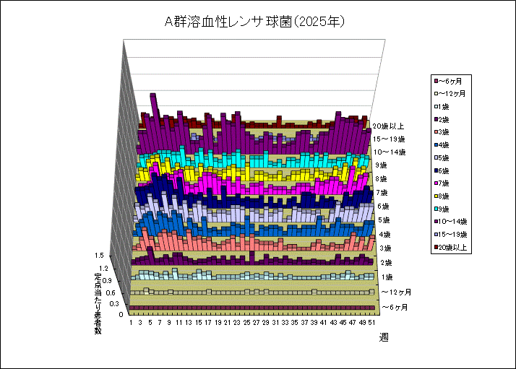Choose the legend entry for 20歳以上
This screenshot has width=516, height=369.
[452, 248]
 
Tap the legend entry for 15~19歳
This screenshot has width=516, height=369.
[452, 235]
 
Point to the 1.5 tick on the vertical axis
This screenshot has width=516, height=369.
[100, 255]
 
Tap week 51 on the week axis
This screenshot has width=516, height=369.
[371, 324]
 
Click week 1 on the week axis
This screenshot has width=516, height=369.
[131, 324]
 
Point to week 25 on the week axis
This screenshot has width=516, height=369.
[246, 324]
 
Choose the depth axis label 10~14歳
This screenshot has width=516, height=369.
[394, 152]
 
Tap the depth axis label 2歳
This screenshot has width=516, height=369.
[387, 262]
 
